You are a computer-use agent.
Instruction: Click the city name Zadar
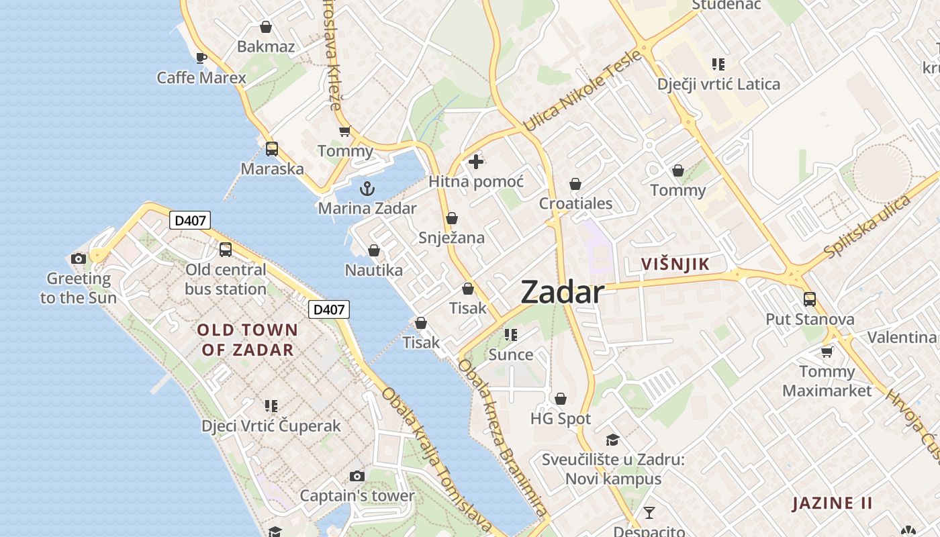562,292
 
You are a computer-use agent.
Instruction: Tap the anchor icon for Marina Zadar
367,189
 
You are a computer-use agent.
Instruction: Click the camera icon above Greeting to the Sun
79,258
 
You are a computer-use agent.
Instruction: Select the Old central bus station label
226,279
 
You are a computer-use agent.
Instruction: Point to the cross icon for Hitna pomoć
476,162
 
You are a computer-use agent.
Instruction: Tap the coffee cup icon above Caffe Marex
201,58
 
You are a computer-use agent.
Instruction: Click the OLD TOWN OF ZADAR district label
248,339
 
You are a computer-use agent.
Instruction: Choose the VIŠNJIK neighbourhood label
675,264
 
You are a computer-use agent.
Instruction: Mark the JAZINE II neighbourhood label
833,503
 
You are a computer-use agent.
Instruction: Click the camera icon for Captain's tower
357,477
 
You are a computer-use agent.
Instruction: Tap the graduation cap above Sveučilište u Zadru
612,440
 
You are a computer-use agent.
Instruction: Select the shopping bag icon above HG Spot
561,399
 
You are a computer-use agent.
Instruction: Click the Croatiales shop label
576,203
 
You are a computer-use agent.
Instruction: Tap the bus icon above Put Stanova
810,299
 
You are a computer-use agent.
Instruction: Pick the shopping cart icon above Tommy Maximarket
827,352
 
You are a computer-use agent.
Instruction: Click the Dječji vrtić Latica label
718,85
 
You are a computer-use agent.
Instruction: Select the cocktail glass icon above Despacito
649,514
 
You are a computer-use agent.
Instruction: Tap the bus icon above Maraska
272,149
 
